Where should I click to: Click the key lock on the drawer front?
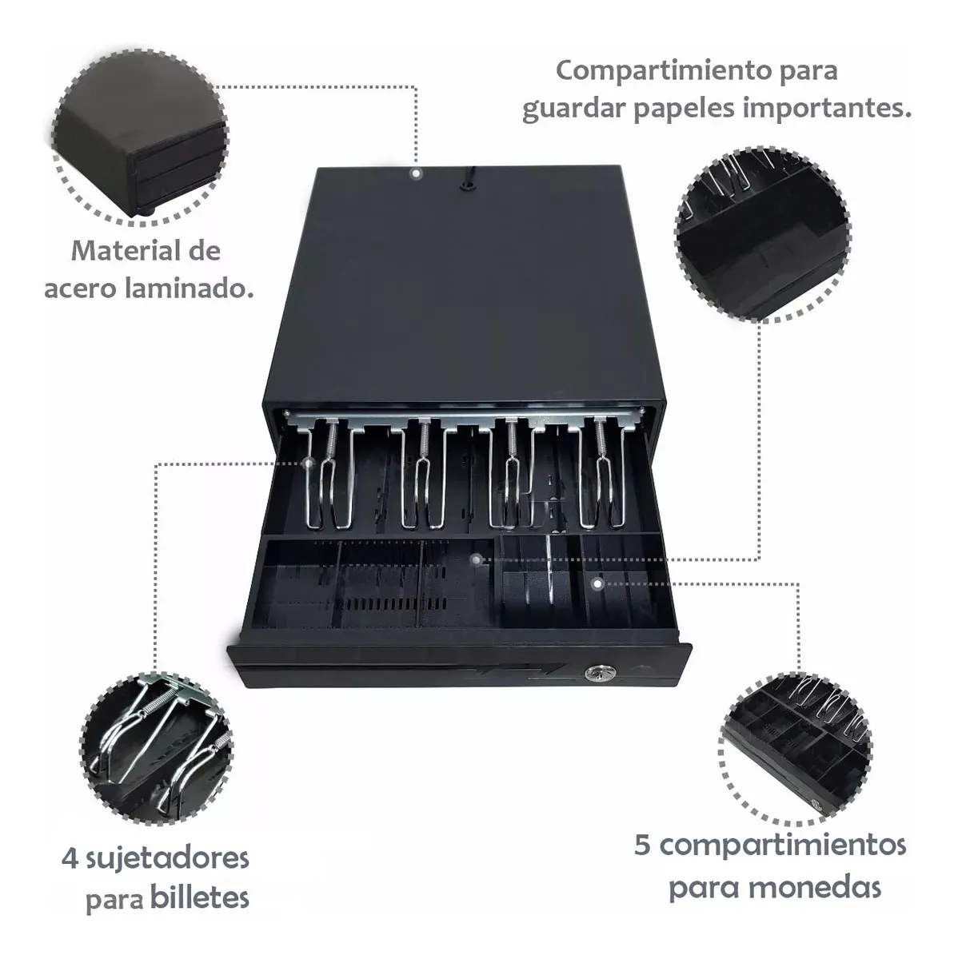(x=593, y=674)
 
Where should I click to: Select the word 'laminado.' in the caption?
(x=190, y=288)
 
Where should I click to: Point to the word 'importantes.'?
(x=827, y=108)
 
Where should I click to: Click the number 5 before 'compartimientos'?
(x=643, y=845)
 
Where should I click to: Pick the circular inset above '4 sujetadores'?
(x=156, y=749)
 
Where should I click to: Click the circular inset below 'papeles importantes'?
(x=763, y=234)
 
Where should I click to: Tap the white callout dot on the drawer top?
(x=416, y=173)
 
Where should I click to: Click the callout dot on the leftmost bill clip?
(x=309, y=464)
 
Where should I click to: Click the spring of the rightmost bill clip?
(x=602, y=440)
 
